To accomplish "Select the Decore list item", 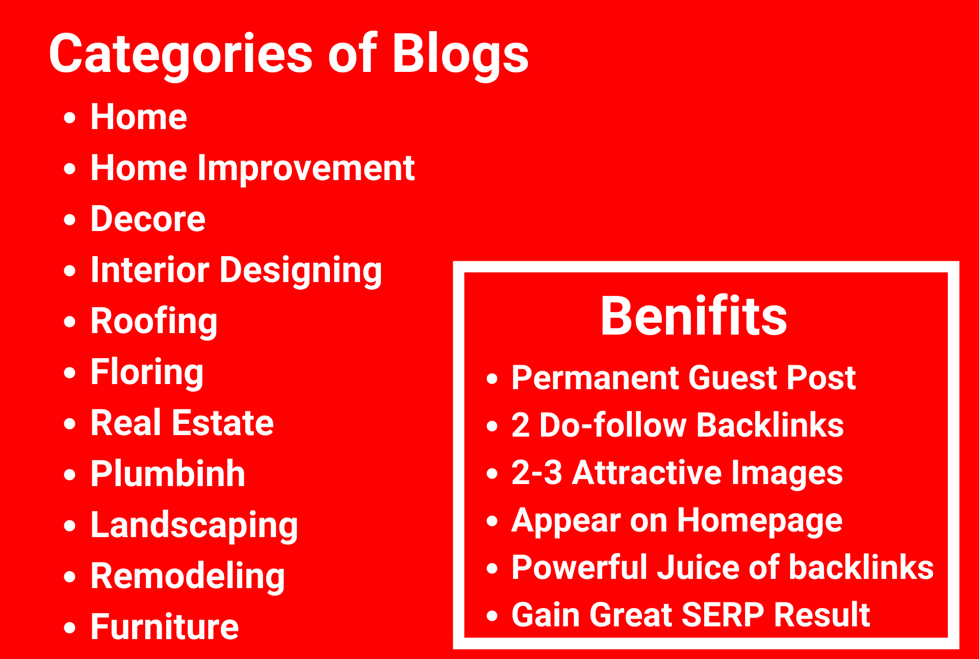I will [148, 219].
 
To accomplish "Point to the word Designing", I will [301, 271].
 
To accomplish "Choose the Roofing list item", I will [154, 322].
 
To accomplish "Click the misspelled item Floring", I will [147, 372].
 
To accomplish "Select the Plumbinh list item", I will [168, 474].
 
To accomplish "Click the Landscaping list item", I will [194, 526].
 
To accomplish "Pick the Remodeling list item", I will [188, 577].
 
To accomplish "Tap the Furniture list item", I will [164, 627].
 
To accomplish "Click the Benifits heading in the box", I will [693, 317].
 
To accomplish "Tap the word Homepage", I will [759, 521].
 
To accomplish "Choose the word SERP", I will [723, 615].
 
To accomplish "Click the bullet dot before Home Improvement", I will [70, 169].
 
